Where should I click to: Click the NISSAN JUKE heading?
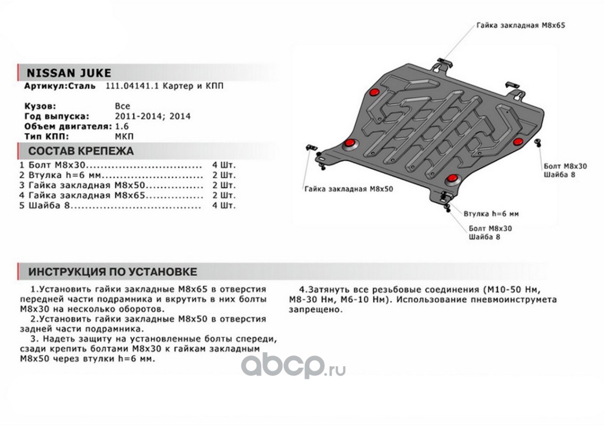(x=69, y=73)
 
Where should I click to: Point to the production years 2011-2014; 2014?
(x=153, y=116)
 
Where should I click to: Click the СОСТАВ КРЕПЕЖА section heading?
(x=81, y=151)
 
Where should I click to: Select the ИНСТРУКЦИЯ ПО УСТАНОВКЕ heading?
(x=112, y=272)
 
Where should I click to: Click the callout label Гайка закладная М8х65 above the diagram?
(x=513, y=25)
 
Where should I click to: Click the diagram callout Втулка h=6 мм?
(x=491, y=213)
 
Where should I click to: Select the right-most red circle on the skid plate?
(x=517, y=141)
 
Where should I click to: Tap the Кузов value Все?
(x=122, y=106)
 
